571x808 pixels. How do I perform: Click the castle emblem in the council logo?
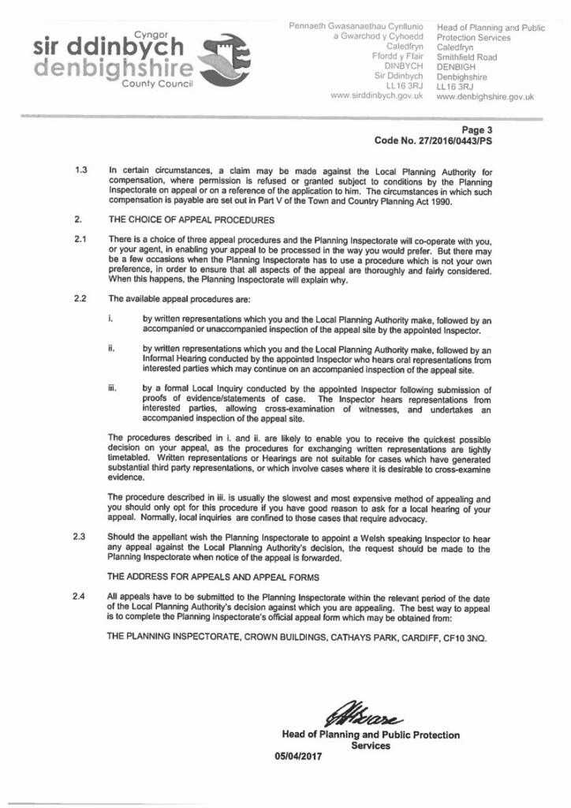[228, 58]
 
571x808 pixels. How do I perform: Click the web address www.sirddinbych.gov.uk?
[377, 95]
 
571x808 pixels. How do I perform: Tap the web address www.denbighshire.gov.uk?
[484, 97]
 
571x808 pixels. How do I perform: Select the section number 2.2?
[80, 298]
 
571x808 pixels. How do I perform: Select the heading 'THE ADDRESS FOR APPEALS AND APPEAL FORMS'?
[213, 577]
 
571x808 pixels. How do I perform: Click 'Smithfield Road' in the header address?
[466, 58]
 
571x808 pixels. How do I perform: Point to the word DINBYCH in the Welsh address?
[404, 67]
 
